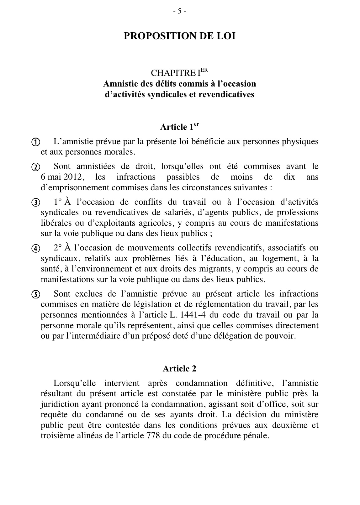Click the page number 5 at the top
[179, 11]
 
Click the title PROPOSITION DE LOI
[179, 36]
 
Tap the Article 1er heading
[179, 127]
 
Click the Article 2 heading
[179, 369]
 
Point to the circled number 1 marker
[36, 142]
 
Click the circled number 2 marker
[36, 167]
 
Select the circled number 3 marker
[36, 203]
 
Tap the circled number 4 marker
[36, 249]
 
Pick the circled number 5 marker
[36, 294]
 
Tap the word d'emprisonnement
[71, 187]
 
